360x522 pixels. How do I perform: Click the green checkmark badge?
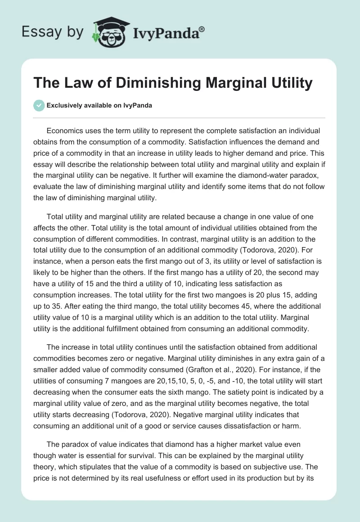pyautogui.click(x=39, y=105)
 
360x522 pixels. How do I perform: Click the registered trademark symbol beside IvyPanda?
pyautogui.click(x=202, y=29)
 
